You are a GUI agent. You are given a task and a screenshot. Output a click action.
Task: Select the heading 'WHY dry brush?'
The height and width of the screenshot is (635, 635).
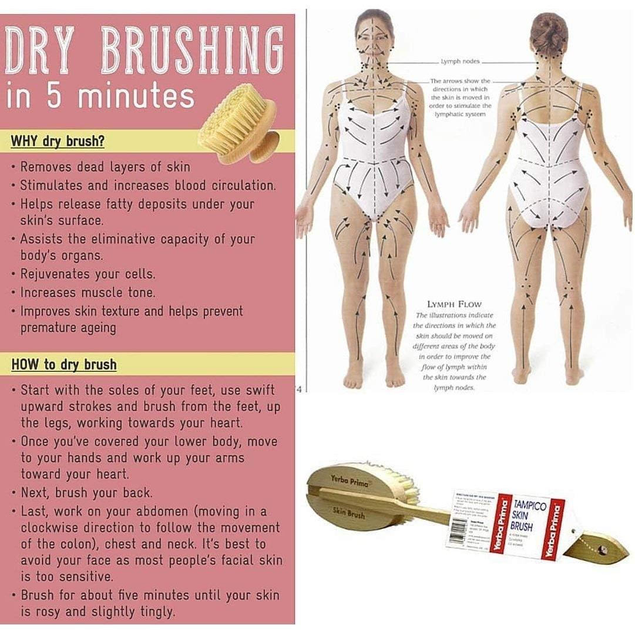point(58,142)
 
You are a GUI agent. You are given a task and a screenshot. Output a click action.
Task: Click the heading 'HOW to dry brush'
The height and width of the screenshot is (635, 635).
point(64,364)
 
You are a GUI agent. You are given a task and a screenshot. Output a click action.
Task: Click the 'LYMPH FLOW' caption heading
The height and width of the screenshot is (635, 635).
point(454,304)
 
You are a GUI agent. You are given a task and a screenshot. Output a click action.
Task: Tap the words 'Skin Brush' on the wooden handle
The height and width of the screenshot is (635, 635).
point(348,513)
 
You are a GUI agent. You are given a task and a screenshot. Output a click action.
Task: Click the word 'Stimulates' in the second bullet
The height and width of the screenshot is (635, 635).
point(52,185)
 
